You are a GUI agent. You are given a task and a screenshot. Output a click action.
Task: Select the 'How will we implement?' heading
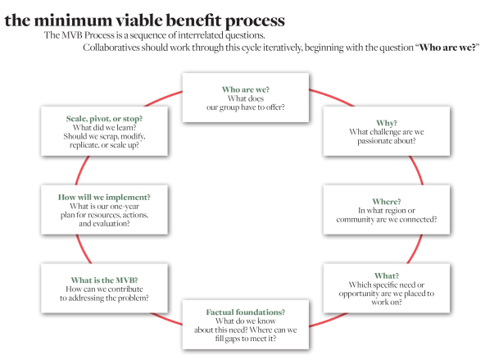[x=102, y=197]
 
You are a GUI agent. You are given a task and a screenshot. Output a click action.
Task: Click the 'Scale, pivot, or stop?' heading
[x=102, y=119]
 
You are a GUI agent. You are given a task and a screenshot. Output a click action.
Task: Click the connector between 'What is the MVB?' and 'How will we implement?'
[x=79, y=244]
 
